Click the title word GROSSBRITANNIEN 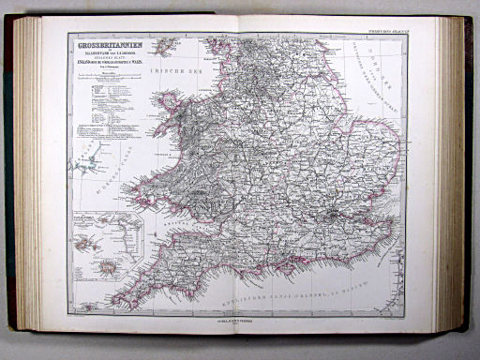[x=106, y=42]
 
